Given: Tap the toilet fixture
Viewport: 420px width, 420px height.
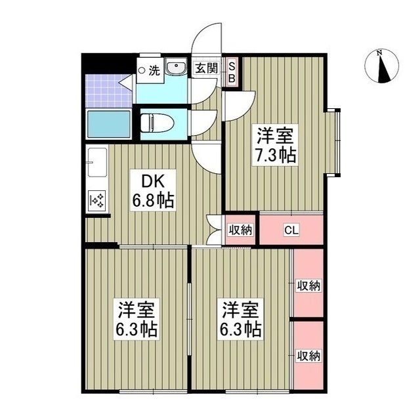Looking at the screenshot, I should [x=156, y=122].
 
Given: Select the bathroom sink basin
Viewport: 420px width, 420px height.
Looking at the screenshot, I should [x=177, y=69].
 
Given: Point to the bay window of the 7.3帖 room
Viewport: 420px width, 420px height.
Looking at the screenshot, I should [x=336, y=142].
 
